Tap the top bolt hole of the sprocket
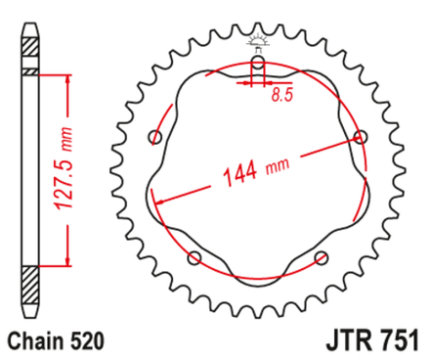(257, 64)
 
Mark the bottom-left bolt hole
(193, 257)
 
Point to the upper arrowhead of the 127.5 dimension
(69, 78)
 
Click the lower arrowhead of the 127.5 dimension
(69, 258)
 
